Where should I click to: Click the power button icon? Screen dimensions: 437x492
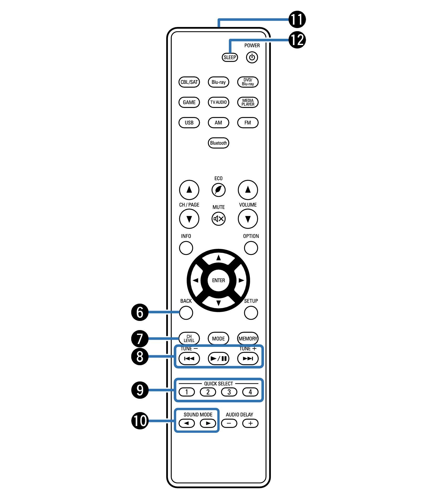point(252,57)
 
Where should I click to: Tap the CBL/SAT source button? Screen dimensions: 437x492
point(189,82)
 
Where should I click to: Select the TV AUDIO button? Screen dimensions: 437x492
point(218,102)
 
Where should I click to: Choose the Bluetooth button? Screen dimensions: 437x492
point(218,143)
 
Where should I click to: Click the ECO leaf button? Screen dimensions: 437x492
point(218,190)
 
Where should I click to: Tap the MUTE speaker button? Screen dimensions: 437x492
point(218,218)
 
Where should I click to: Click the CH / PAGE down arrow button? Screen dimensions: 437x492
point(189,219)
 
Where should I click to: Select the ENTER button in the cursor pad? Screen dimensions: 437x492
point(218,280)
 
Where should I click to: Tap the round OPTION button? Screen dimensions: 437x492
point(251,248)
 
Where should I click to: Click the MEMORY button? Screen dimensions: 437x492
point(248,338)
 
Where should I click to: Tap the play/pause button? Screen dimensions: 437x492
point(218,358)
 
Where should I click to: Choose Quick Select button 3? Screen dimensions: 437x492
point(229,392)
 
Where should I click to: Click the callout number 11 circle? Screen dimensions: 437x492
point(297,19)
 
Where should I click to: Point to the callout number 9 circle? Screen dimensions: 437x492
point(140,390)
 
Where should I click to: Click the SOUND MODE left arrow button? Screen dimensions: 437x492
point(187,423)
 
